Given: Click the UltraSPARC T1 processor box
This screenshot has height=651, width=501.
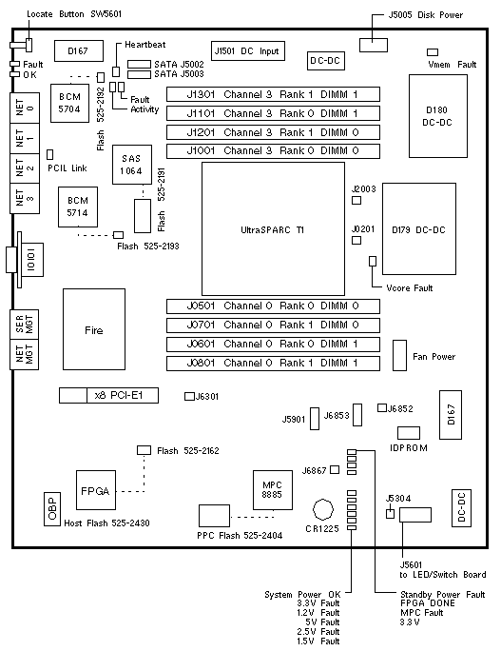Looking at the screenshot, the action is [273, 228].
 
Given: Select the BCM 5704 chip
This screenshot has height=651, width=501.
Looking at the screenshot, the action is [69, 103].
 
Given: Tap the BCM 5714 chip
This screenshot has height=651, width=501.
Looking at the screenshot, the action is [78, 207].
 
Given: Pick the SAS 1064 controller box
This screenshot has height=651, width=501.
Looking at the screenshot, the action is [132, 165].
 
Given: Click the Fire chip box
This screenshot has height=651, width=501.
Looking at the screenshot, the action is [94, 329].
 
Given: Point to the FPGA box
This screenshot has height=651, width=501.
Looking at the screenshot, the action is [96, 490].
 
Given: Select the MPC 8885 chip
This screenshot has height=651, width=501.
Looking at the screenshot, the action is [273, 490].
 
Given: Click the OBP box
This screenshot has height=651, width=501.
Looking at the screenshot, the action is [52, 509].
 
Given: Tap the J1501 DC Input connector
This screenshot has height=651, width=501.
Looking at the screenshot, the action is [248, 51].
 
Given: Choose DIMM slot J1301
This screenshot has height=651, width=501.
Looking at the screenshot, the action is [273, 94].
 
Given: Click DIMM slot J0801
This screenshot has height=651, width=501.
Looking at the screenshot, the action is [273, 363].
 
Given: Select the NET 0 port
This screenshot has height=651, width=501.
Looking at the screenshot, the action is [25, 108].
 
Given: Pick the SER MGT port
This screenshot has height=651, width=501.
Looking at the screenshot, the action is [25, 325].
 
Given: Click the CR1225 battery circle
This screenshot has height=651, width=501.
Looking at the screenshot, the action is [323, 509].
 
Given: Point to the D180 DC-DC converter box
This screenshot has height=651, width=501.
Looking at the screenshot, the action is [438, 116].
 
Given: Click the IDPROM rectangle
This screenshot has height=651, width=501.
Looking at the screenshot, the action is [409, 433].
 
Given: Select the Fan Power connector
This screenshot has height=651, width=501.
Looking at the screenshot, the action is [400, 355].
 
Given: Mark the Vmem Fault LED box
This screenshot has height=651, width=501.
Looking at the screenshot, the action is [433, 52].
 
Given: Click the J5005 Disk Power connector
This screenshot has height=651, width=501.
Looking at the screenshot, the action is [374, 46].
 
